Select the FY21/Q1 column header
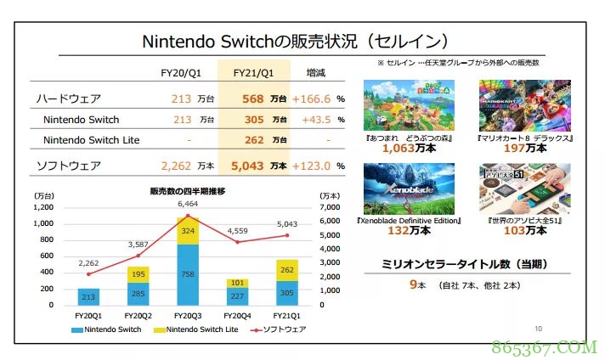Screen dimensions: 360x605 coord(253,74)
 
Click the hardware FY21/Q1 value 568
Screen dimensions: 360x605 coord(252,98)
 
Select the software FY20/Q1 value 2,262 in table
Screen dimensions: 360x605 coord(178,165)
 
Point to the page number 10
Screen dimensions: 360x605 coord(538,329)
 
